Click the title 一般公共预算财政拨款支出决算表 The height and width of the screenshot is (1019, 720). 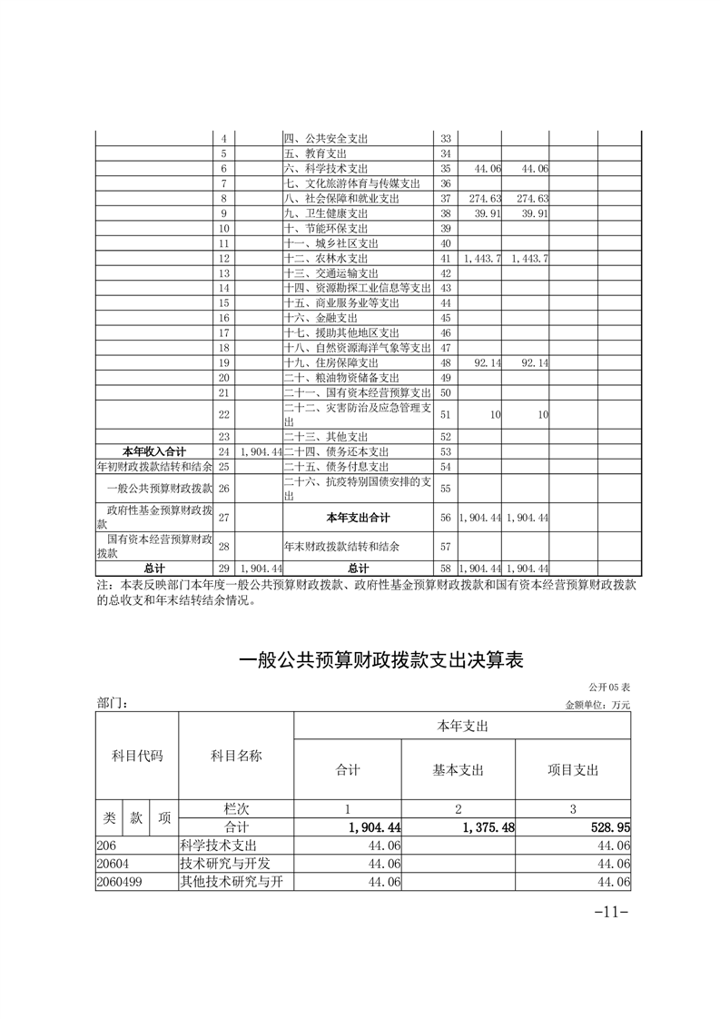click(x=381, y=660)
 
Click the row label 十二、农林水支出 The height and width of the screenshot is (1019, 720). click(x=328, y=259)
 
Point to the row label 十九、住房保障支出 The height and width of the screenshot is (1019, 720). click(x=328, y=362)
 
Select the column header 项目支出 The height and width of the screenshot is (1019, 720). click(x=573, y=770)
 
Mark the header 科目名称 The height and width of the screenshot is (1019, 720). click(x=236, y=756)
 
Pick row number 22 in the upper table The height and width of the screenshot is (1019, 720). click(x=223, y=413)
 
